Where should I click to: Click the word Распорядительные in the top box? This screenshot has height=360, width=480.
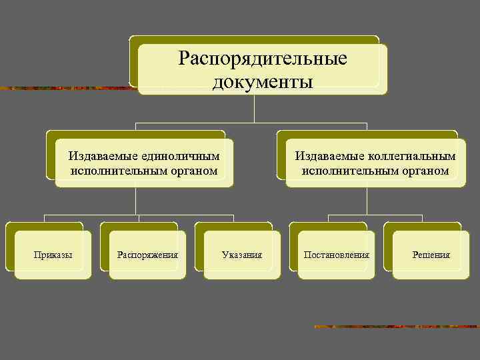[x=263, y=59]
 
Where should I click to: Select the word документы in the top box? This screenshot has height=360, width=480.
[x=263, y=82]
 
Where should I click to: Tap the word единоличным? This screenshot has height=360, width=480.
[x=181, y=156]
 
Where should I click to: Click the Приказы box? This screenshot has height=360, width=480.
[x=53, y=255]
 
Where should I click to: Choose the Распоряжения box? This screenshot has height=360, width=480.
[x=147, y=255]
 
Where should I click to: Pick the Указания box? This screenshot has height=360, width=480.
[x=242, y=255]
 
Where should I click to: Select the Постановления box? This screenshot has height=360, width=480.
[x=337, y=255]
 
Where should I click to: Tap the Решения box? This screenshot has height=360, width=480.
[x=431, y=255]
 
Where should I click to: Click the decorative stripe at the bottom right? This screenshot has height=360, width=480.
[x=396, y=327]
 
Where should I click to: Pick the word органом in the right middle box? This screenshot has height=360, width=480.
[x=426, y=171]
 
